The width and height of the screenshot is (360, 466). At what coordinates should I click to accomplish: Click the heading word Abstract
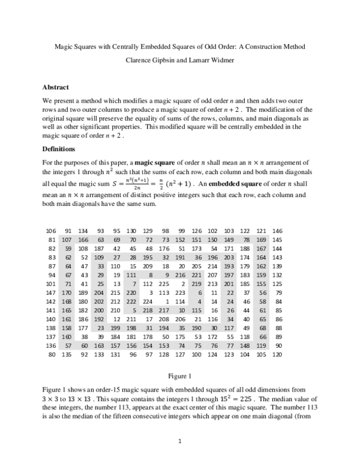(x=56, y=87)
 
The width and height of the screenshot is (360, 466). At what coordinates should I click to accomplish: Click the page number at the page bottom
(x=180, y=442)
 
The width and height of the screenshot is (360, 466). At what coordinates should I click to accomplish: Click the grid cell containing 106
(x=50, y=231)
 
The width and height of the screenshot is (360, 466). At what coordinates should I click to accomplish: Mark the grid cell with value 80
(x=52, y=354)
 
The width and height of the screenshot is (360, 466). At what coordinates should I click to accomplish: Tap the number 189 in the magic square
(x=83, y=292)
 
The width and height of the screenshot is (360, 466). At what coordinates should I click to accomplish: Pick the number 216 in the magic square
(x=196, y=275)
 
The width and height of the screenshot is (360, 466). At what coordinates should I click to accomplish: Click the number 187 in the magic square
(x=99, y=249)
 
